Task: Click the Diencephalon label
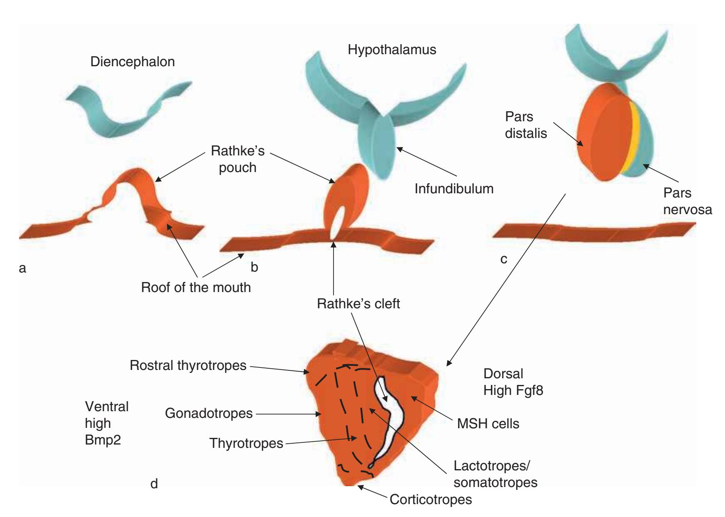coord(132,62)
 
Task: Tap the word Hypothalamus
coord(392,50)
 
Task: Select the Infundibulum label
coord(454,189)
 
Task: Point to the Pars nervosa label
coord(687,201)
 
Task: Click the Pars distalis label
coord(526,125)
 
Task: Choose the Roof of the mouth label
coord(196,287)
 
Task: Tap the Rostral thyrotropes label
coord(188,365)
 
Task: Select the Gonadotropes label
coord(209,413)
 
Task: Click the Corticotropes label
coord(431,500)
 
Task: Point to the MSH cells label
coord(488,424)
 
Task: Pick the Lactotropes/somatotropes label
coord(495,474)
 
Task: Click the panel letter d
coord(154,484)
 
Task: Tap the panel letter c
coord(504,260)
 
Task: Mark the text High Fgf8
coord(513,391)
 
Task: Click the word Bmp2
coord(103,440)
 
